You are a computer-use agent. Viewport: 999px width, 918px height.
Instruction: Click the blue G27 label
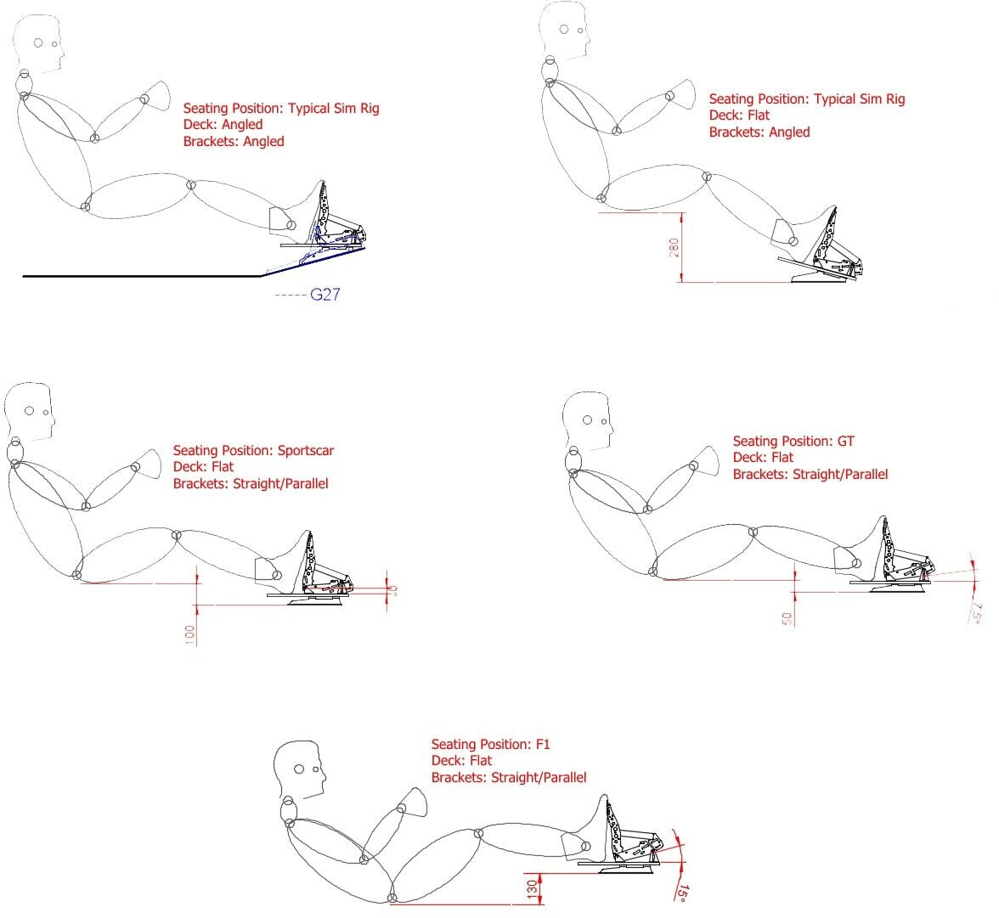click(x=325, y=295)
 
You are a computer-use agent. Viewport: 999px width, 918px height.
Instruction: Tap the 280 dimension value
click(x=674, y=248)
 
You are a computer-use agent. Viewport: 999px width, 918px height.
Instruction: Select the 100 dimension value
click(x=189, y=634)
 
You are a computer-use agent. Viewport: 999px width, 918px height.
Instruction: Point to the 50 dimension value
click(x=787, y=618)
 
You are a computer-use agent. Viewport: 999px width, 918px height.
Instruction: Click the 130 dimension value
click(x=533, y=889)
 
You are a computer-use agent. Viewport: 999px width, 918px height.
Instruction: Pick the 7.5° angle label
click(x=976, y=613)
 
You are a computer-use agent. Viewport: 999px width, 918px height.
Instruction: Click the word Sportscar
click(x=306, y=450)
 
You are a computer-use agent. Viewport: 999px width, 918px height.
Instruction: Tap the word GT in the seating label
click(x=846, y=441)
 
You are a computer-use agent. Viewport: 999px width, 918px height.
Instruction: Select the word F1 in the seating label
click(x=543, y=744)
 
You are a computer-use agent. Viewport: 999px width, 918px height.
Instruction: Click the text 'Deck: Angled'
click(x=223, y=125)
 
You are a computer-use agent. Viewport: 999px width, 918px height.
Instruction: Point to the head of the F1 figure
click(x=300, y=769)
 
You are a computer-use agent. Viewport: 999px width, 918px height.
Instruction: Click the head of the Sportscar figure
click(x=29, y=412)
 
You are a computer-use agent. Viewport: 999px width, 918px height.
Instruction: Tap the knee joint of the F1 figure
click(x=478, y=832)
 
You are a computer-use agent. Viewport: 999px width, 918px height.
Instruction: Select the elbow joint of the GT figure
click(x=648, y=509)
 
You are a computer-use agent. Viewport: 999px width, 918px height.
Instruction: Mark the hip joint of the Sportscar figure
click(x=77, y=575)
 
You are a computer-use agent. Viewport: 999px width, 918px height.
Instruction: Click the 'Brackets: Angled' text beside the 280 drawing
click(x=759, y=132)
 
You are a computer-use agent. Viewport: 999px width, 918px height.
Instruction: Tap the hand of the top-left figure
click(x=158, y=93)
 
